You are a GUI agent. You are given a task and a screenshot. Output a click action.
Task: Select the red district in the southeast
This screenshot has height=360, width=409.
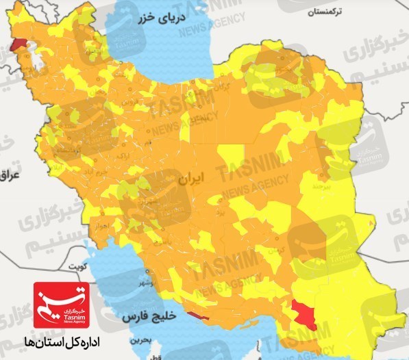coord(305,313)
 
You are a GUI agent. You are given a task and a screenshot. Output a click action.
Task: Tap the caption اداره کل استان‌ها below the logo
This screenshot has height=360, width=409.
coord(62,340)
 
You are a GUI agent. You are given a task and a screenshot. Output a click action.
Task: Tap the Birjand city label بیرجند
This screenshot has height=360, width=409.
coord(322,185)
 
